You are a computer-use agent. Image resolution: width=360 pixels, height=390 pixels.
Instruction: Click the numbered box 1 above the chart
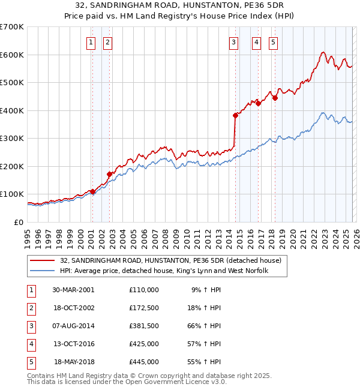pos(90,42)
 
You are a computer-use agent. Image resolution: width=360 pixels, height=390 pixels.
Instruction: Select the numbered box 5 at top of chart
pos(273,42)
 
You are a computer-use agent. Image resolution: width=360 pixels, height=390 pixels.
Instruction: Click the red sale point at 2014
pos(235,116)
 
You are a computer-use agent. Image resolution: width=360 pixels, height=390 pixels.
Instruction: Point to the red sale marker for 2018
pos(275,98)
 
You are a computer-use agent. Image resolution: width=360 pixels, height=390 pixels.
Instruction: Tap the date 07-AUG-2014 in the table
pos(73,326)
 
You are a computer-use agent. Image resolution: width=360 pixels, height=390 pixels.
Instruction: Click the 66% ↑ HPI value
pos(206,326)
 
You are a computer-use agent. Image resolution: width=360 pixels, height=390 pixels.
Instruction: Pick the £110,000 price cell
pos(143,290)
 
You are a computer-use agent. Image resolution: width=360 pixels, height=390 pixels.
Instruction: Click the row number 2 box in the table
pos(30,308)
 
